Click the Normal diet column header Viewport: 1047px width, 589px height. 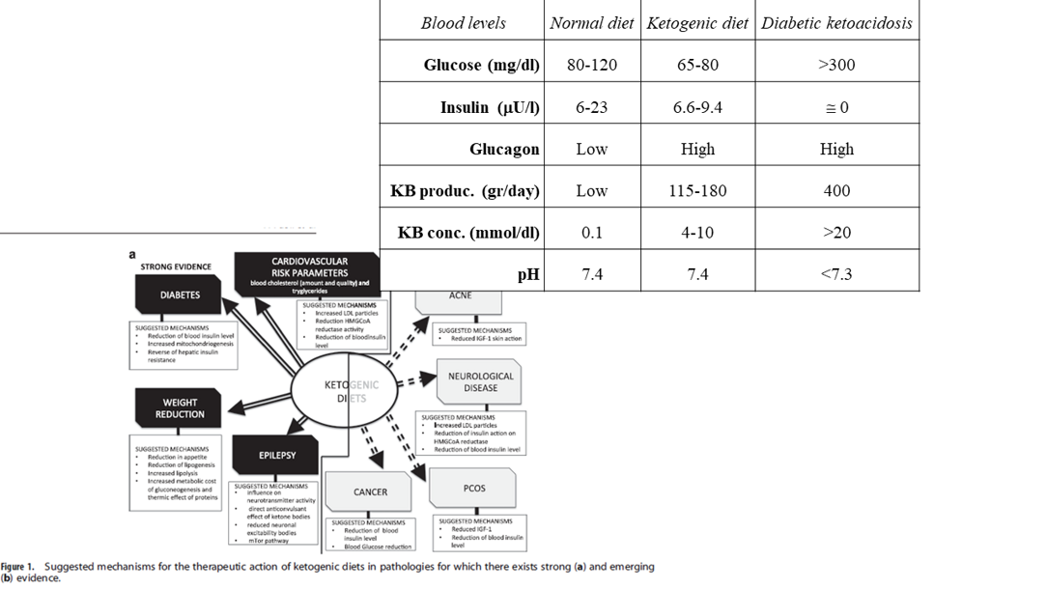click(591, 23)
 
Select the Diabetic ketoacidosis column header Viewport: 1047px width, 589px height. click(836, 23)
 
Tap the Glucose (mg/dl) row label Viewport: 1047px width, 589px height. click(481, 66)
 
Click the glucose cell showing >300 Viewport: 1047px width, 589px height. click(836, 66)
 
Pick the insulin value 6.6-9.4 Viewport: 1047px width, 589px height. click(697, 107)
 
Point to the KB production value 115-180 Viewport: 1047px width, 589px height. click(697, 190)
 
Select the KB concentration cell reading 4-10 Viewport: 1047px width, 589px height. click(697, 233)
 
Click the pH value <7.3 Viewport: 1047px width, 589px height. click(836, 274)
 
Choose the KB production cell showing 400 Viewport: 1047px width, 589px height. click(836, 190)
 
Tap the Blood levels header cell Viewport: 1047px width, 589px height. click(463, 23)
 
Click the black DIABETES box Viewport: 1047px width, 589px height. click(180, 295)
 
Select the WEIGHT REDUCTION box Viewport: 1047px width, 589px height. click(180, 408)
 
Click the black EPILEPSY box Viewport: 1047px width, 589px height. click(276, 453)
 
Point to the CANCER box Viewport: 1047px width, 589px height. click(370, 492)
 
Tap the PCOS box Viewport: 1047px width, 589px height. click(474, 489)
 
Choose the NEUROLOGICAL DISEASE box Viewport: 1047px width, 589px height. click(480, 382)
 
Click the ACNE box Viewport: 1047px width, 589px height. click(460, 297)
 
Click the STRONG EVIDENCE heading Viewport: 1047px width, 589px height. click(176, 266)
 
